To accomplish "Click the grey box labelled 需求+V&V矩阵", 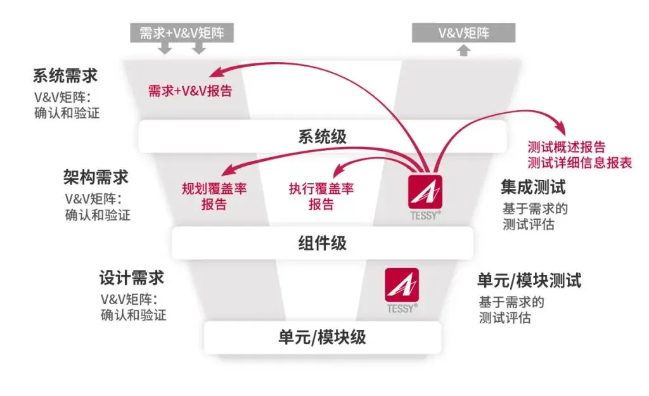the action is pyautogui.click(x=182, y=33).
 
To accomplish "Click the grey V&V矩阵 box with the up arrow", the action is pyautogui.click(x=463, y=33).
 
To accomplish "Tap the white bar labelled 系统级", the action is pyautogui.click(x=322, y=137).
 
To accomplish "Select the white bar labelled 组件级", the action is pyautogui.click(x=322, y=243).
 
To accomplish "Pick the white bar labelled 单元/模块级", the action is pyautogui.click(x=322, y=337).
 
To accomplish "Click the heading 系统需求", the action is pyautogui.click(x=65, y=76).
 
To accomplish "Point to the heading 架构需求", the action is pyautogui.click(x=96, y=177).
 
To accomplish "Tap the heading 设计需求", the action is pyautogui.click(x=132, y=278).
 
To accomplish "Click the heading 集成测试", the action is pyautogui.click(x=533, y=187).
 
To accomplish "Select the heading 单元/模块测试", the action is pyautogui.click(x=529, y=281).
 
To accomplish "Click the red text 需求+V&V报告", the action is pyautogui.click(x=190, y=91).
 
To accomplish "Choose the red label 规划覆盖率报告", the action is pyautogui.click(x=214, y=196).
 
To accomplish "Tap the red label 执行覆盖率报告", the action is pyautogui.click(x=321, y=196).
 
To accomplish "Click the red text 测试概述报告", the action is pyautogui.click(x=566, y=147).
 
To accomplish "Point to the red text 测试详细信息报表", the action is pyautogui.click(x=579, y=163).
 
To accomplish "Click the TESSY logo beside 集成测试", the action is pyautogui.click(x=425, y=197).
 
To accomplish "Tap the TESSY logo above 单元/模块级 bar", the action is pyautogui.click(x=402, y=290).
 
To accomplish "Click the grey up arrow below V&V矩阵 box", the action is pyautogui.click(x=463, y=50).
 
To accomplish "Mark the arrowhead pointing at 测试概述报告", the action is pyautogui.click(x=560, y=127).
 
